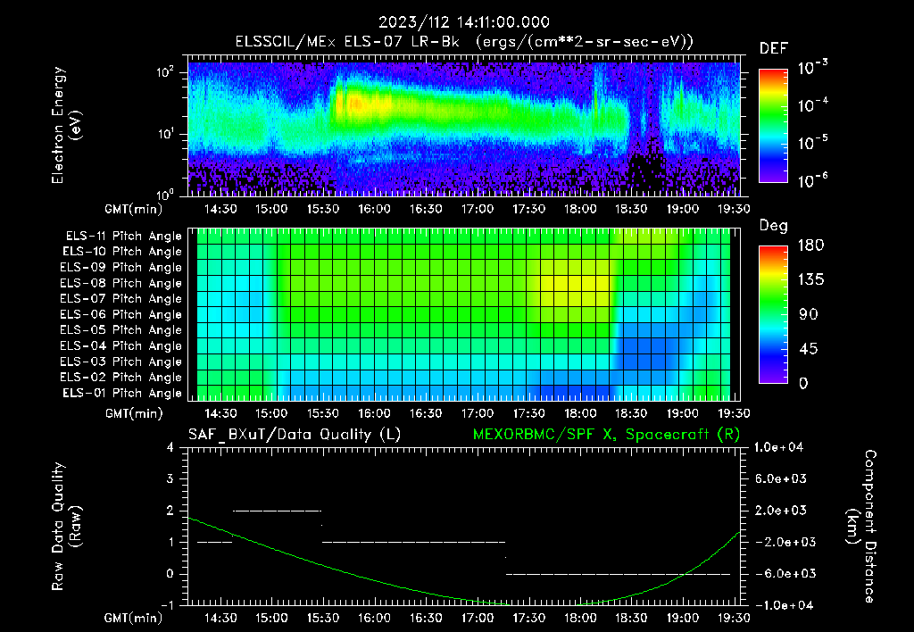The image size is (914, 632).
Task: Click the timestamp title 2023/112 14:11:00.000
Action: pyautogui.click(x=462, y=22)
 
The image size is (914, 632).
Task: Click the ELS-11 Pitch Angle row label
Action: pyautogui.click(x=120, y=237)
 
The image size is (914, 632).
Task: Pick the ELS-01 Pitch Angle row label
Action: pyautogui.click(x=120, y=393)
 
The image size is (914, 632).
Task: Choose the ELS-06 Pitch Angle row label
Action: pyautogui.click(x=120, y=314)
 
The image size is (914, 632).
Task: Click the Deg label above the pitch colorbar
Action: pyautogui.click(x=773, y=226)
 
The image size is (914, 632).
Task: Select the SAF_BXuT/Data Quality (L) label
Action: pyautogui.click(x=294, y=434)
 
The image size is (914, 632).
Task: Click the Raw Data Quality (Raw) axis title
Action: pyautogui.click(x=67, y=527)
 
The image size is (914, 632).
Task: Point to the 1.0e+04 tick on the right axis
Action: pyautogui.click(x=782, y=447)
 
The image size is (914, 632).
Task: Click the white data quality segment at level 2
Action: pyautogui.click(x=276, y=511)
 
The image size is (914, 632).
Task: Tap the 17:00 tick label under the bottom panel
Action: pyautogui.click(x=478, y=618)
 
